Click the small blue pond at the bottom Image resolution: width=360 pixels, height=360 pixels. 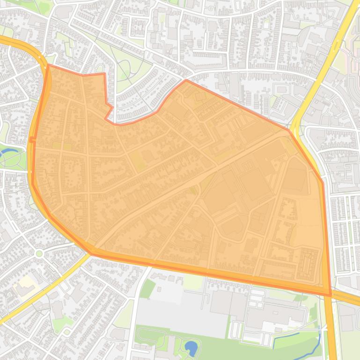[191, 347]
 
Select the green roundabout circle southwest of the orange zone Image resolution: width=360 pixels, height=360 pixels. [39, 253]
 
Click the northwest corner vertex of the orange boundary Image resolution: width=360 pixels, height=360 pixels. [48, 65]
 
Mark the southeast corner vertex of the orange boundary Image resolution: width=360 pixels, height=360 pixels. [331, 295]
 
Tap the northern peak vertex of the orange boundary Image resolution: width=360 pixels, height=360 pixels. [186, 80]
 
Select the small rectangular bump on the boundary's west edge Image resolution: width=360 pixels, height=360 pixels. [32, 139]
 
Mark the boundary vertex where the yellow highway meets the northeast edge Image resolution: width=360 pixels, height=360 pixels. [289, 130]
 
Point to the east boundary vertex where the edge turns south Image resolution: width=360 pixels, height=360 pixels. [323, 182]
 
